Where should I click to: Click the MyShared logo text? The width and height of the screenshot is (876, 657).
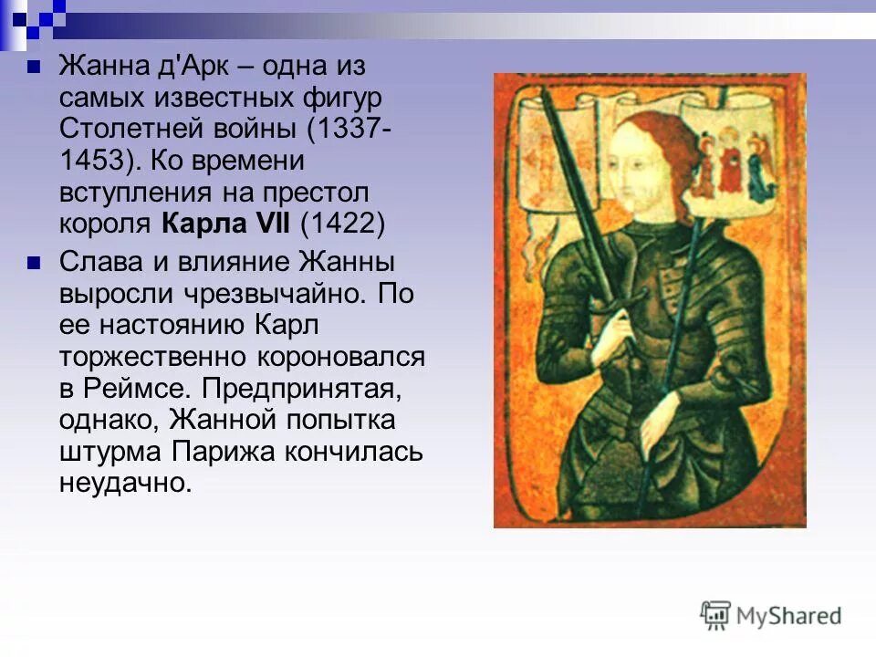pos(788,616)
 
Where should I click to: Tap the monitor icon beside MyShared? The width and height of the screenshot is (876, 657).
pos(715,615)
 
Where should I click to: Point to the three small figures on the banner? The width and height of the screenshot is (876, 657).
pos(730,164)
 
